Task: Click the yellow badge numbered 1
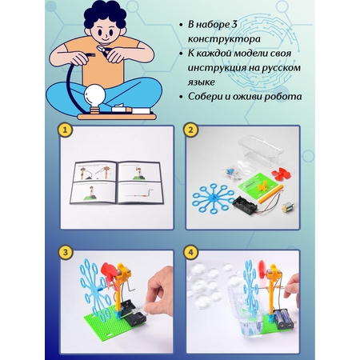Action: tap(65, 130)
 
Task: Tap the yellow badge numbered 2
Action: tap(190, 130)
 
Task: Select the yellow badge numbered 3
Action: tap(66, 252)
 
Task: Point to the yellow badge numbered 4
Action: tap(190, 252)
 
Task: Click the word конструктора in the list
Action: tap(224, 39)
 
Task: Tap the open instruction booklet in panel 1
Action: tap(117, 182)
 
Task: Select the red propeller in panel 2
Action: tap(281, 174)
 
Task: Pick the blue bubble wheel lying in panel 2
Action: tap(213, 198)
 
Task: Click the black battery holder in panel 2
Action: tap(245, 205)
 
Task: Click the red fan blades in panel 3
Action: tap(110, 274)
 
